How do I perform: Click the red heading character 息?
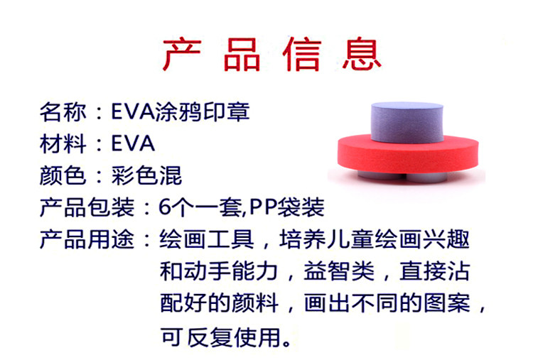pyautogui.click(x=362, y=55)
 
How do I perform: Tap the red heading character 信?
pyautogui.click(x=302, y=55)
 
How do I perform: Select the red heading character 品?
pyautogui.click(x=242, y=55)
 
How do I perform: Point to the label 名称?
pyautogui.click(x=63, y=111)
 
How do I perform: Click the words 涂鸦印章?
pyautogui.click(x=203, y=111)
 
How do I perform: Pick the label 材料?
pyautogui.click(x=63, y=143)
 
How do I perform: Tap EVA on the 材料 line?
pyautogui.click(x=133, y=143)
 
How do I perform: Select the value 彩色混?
pyautogui.click(x=146, y=175)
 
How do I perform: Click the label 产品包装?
pyautogui.click(x=87, y=207)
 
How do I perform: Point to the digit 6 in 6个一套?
pyautogui.click(x=165, y=207)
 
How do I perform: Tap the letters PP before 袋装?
pyautogui.click(x=263, y=207)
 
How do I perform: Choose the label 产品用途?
pyautogui.click(x=87, y=239)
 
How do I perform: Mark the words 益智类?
pyautogui.click(x=339, y=271)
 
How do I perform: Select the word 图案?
pyautogui.click(x=447, y=303)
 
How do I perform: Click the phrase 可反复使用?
pyautogui.click(x=220, y=337)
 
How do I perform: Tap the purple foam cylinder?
pyautogui.click(x=407, y=122)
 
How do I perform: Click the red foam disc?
pyautogui.click(x=408, y=155)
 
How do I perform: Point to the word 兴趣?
pyautogui.click(x=446, y=239)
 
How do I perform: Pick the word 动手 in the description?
pyautogui.click(x=207, y=271)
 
